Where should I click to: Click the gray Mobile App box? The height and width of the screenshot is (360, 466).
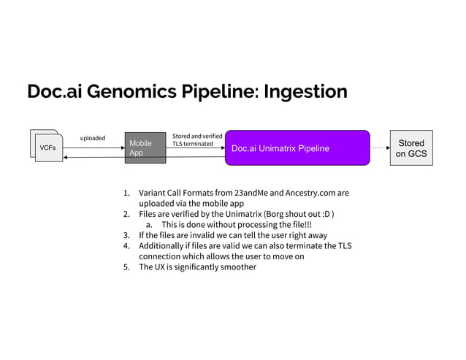146,148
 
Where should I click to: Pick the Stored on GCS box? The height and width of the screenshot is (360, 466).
410,148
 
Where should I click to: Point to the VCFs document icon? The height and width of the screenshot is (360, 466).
46,148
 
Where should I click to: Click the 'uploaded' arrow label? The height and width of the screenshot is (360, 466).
93,137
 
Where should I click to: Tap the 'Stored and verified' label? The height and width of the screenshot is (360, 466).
197,135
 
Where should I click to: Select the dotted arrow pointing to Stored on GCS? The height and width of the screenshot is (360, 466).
380,148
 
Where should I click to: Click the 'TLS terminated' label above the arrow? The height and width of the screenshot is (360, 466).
193,143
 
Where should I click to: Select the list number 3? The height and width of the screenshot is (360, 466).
126,235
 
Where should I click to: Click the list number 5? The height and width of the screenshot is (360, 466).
126,267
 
